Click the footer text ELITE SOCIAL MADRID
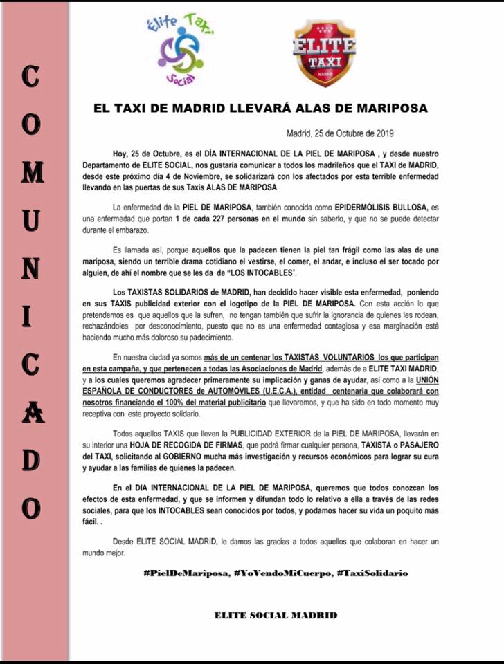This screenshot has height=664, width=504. pyautogui.click(x=276, y=615)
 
